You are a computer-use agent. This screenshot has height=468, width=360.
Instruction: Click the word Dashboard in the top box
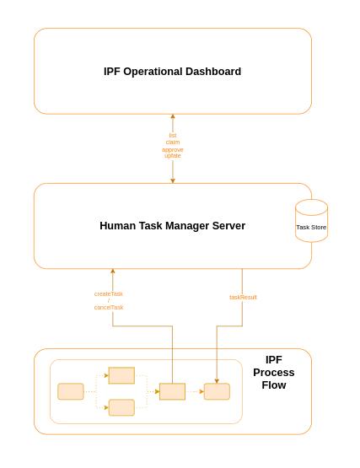[209, 72]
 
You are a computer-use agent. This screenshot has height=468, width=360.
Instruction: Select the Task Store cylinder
[311, 221]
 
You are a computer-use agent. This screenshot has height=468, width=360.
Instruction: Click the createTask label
[109, 293]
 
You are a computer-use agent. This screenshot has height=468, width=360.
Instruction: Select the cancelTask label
[109, 307]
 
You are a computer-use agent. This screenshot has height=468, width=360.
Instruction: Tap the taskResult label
[243, 297]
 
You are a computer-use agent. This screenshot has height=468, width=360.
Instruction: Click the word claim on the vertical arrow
[173, 142]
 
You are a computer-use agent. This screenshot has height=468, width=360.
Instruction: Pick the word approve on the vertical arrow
[173, 149]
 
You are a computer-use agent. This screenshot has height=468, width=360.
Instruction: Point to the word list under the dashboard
[173, 135]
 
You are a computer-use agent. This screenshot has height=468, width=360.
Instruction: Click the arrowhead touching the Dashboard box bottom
[173, 117]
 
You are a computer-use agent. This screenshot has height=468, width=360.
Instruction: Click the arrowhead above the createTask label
[112, 272]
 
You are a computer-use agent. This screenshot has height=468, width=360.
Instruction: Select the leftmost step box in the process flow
[71, 391]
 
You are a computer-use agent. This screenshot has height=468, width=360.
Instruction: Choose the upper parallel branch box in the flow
[121, 375]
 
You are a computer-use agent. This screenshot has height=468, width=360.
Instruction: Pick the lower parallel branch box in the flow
[121, 407]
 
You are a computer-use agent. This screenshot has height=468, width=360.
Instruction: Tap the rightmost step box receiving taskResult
[217, 391]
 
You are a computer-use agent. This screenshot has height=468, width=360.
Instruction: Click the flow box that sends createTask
[172, 391]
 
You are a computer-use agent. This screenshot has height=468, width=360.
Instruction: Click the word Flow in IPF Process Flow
[274, 385]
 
